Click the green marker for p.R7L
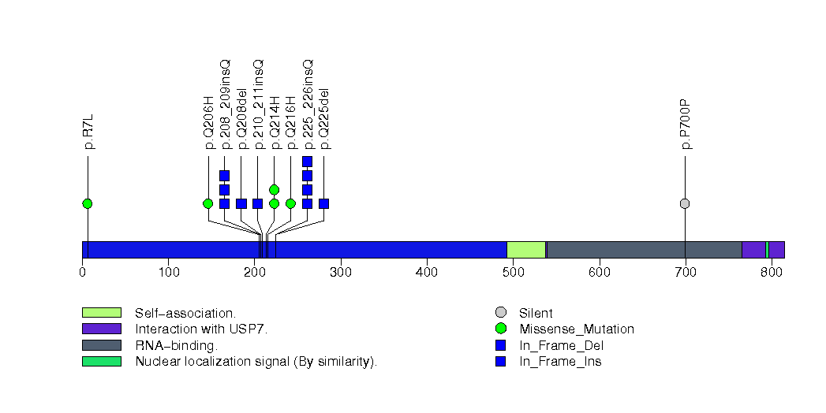(87, 203)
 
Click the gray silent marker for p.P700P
(685, 203)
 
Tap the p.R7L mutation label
(88, 132)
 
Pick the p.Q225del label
(324, 118)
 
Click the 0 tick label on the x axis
(82, 273)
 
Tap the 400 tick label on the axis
(427, 273)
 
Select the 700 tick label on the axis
(686, 273)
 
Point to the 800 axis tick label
(772, 273)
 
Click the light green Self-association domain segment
(526, 250)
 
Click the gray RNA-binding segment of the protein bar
(644, 250)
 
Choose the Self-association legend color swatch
(101, 313)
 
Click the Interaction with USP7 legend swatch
(101, 329)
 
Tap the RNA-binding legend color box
(101, 345)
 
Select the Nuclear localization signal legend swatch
(101, 361)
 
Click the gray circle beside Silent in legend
(501, 313)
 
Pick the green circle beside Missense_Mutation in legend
(501, 329)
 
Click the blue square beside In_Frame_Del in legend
(501, 345)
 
